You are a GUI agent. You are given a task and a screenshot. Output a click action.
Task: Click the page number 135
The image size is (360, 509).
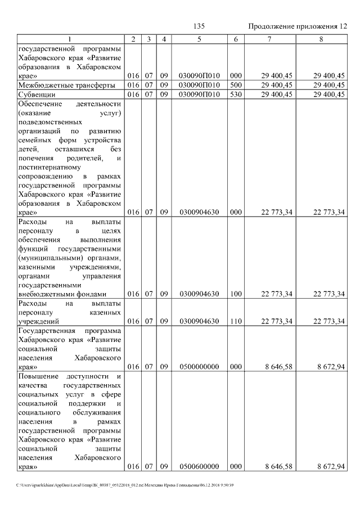point(199,26)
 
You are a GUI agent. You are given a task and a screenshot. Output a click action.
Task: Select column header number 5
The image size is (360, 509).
point(199,39)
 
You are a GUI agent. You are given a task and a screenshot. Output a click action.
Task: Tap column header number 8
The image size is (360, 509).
point(321,39)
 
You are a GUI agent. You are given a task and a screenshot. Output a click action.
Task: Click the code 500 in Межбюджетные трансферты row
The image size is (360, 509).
point(236,85)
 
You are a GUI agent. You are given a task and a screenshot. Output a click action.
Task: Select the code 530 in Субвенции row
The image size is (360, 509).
point(236,94)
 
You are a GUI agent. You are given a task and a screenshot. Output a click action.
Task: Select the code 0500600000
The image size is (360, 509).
point(199,467)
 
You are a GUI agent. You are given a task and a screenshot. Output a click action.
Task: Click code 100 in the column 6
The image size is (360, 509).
point(236,294)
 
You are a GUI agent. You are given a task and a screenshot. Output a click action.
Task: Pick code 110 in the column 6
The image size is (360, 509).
point(236,321)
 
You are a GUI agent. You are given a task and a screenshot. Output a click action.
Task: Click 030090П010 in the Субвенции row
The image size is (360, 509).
point(199,94)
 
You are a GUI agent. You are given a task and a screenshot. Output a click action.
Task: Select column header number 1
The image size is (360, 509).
point(70,39)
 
